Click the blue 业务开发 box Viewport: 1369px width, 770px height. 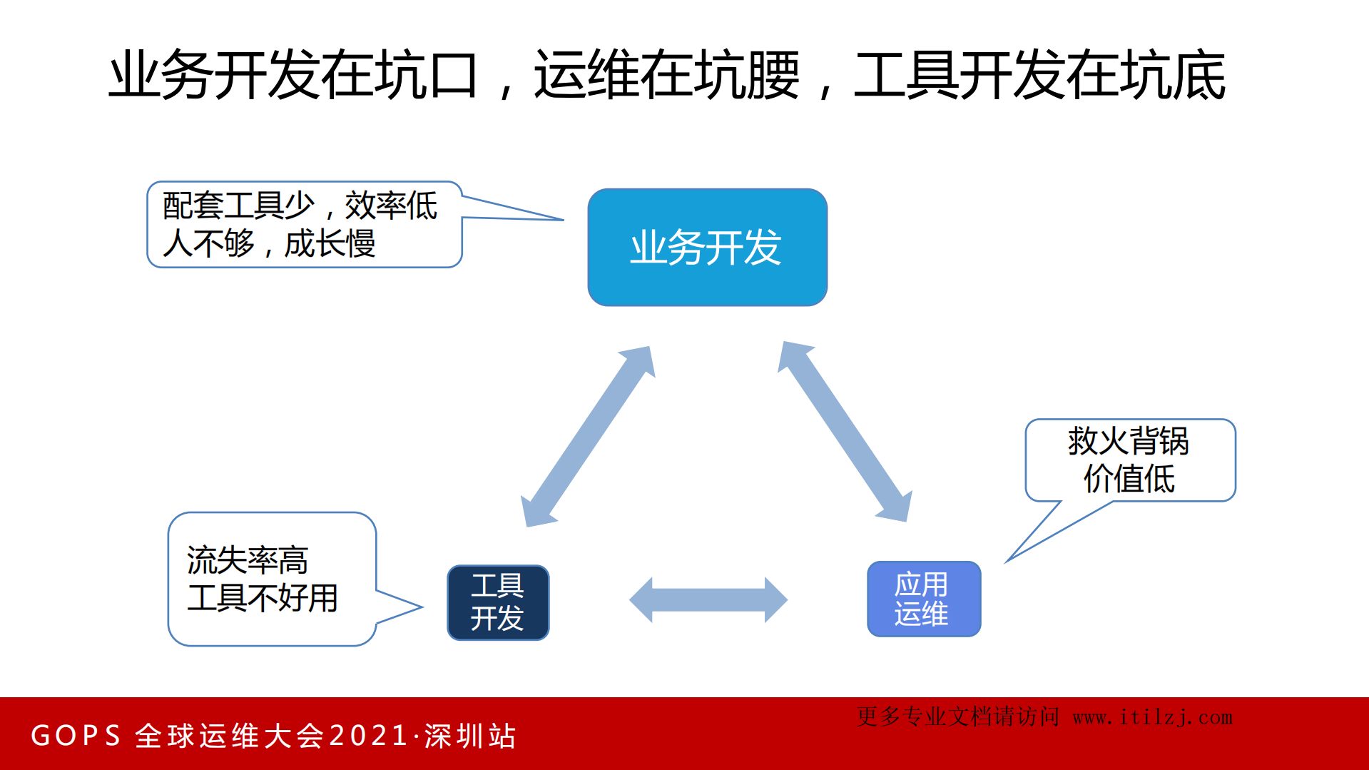707,247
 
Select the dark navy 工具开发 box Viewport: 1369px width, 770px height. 498,602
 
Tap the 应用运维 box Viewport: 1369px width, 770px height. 923,599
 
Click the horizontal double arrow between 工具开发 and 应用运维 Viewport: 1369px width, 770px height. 708,599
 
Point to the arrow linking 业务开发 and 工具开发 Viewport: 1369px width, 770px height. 588,436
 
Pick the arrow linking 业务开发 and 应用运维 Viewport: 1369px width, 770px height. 845,432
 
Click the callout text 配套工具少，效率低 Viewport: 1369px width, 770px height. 300,206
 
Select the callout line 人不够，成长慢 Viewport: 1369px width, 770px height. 269,243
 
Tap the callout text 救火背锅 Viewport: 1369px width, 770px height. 1128,440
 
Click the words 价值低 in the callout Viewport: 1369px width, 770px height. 1129,478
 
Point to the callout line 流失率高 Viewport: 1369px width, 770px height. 247,559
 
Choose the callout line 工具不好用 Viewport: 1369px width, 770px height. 262,597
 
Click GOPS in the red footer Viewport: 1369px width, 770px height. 76,736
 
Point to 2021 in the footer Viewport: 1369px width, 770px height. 368,736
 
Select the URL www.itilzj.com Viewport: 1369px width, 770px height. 1152,717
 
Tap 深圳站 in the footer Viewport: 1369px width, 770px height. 470,736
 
